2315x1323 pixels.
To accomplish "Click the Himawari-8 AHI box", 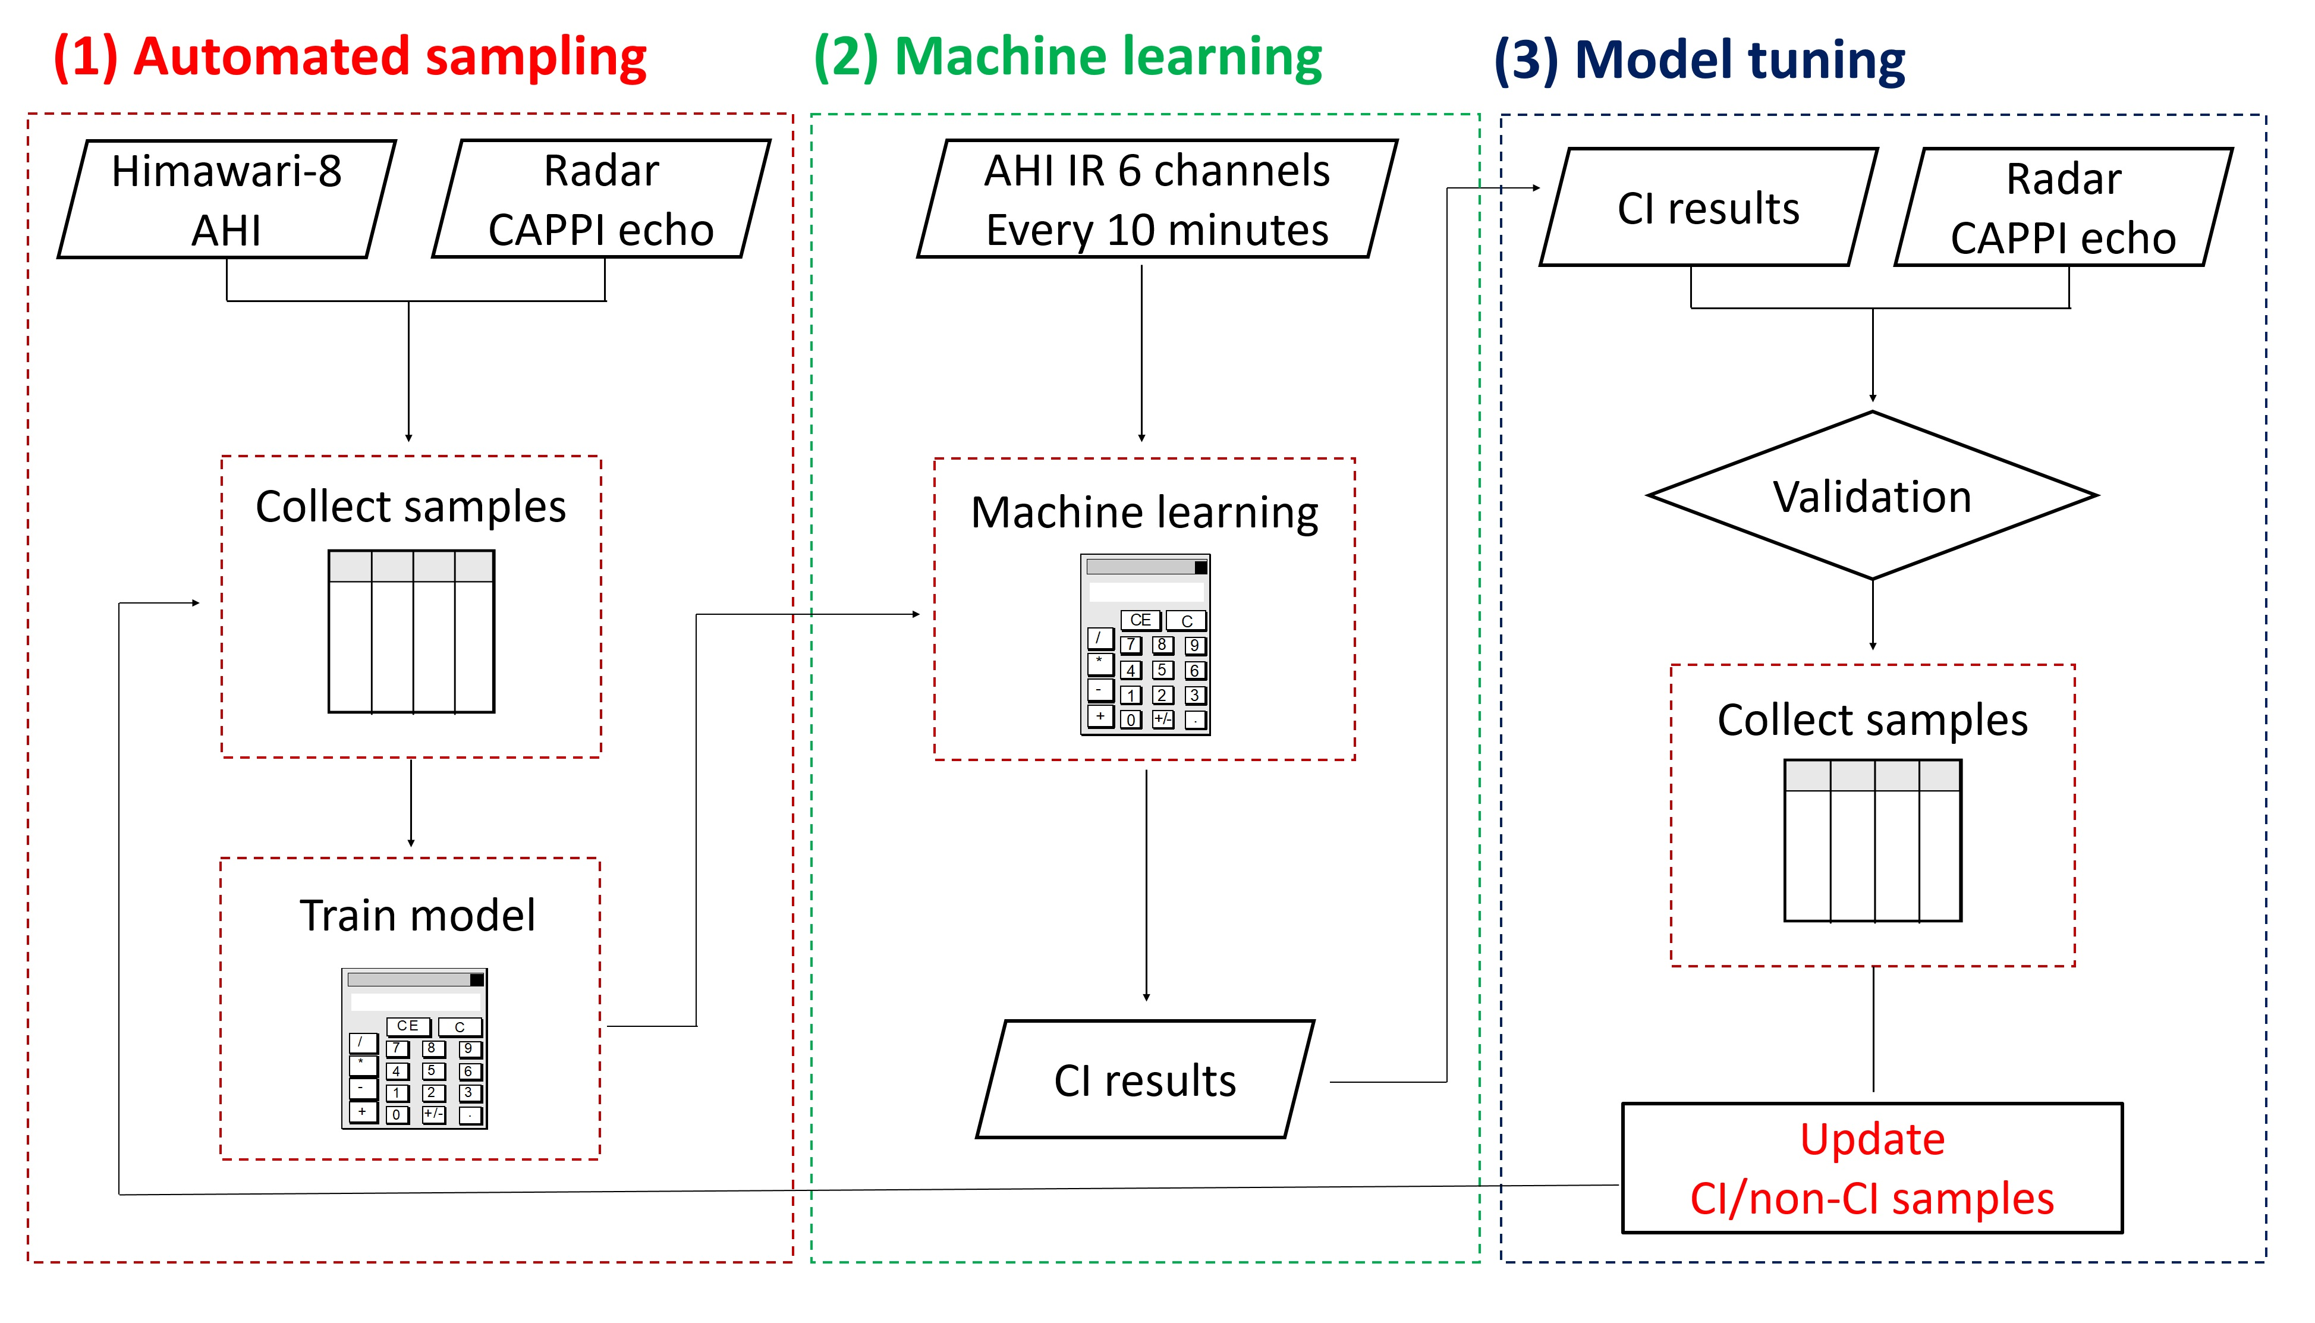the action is click(x=226, y=199).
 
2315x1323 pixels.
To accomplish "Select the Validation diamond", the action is click(x=1872, y=495).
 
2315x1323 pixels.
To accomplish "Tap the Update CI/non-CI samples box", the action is click(x=1872, y=1168).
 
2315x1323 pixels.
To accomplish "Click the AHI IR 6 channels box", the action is click(x=1157, y=199).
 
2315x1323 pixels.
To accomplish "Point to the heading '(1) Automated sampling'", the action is click(x=350, y=56).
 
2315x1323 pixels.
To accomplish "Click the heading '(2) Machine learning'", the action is click(x=1068, y=56).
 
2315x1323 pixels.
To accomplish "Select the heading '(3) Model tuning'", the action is click(x=1699, y=60).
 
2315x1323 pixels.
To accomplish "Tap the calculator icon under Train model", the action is click(x=414, y=1048).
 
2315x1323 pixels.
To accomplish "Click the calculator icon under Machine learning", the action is click(x=1145, y=644).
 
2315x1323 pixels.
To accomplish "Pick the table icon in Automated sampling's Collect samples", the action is click(x=411, y=631).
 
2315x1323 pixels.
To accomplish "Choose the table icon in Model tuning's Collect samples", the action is click(x=1873, y=841).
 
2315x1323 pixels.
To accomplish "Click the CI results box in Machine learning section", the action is click(x=1145, y=1079).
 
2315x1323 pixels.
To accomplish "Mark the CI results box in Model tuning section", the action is click(x=1709, y=207).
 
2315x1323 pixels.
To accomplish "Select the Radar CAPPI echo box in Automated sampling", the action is click(x=601, y=199).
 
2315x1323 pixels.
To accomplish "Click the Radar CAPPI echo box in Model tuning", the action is click(x=2064, y=207).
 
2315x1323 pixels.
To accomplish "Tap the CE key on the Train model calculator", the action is click(x=408, y=1026).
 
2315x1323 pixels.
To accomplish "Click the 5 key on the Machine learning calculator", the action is click(x=1162, y=670).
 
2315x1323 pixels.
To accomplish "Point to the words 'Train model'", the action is click(x=418, y=915).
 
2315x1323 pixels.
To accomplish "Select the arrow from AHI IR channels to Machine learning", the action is click(x=1141, y=353).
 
